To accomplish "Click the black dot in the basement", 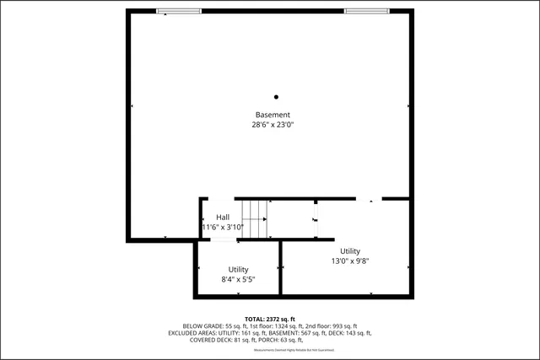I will click(275, 97).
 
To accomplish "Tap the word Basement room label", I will click(273, 115).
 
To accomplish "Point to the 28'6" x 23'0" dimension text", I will click(273, 125).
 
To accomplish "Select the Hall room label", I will click(223, 218).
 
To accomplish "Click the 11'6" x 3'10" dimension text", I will click(223, 227).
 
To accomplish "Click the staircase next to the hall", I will click(254, 219).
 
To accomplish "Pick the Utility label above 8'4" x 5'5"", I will click(238, 269).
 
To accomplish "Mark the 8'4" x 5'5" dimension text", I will click(238, 279).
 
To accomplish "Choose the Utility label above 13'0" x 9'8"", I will click(350, 251).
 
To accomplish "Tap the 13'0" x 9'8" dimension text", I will click(350, 261).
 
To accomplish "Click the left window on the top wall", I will click(179, 11).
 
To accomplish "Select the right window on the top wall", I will click(366, 11).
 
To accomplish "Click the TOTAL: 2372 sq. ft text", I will click(270, 318).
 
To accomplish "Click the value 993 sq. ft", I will click(343, 325).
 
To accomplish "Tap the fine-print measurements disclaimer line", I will click(270, 349).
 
